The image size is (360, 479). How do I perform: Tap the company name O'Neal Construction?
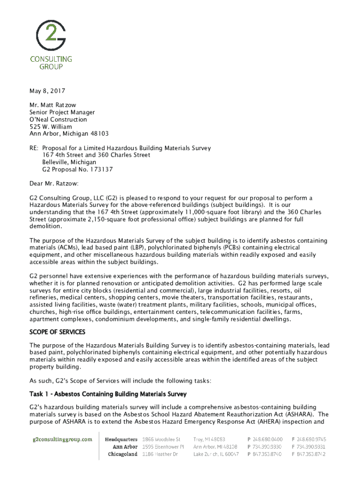coord(58,119)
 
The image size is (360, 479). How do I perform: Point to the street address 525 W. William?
coord(51,127)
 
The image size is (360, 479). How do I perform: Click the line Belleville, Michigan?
coord(70,162)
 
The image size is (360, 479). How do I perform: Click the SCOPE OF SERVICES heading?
coord(58,332)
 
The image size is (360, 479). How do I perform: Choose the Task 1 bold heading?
coord(108,394)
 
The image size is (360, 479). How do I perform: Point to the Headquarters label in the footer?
coord(121,439)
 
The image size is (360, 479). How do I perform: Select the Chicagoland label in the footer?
coord(122,454)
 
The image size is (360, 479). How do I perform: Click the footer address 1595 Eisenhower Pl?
coord(163,447)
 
